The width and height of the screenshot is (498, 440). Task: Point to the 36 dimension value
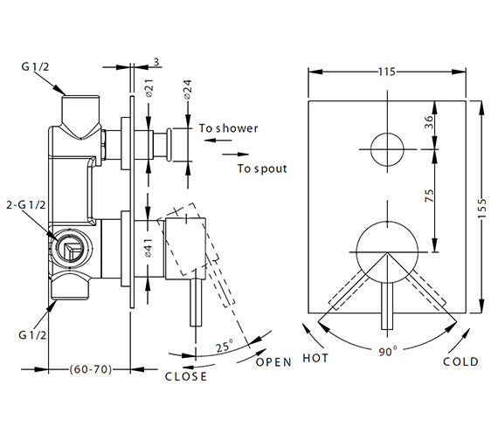[427, 123]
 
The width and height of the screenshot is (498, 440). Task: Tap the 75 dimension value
[427, 196]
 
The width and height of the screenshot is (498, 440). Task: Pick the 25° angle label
[225, 344]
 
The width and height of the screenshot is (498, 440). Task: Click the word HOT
[315, 358]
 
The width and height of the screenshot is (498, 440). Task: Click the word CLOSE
[186, 376]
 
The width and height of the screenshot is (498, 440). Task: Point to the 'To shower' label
[228, 128]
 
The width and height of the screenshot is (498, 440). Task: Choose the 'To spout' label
[261, 167]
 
